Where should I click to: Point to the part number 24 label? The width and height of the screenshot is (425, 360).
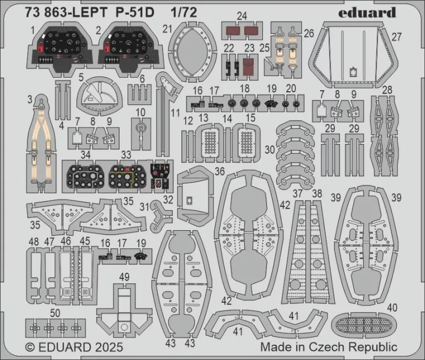[242, 16]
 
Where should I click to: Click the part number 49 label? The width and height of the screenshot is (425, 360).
[124, 277]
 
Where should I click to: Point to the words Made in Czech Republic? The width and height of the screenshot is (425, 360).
[329, 347]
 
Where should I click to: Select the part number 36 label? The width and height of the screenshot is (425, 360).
[220, 171]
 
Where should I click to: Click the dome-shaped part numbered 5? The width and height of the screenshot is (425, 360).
[100, 98]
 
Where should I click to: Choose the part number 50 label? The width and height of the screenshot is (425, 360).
[55, 314]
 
